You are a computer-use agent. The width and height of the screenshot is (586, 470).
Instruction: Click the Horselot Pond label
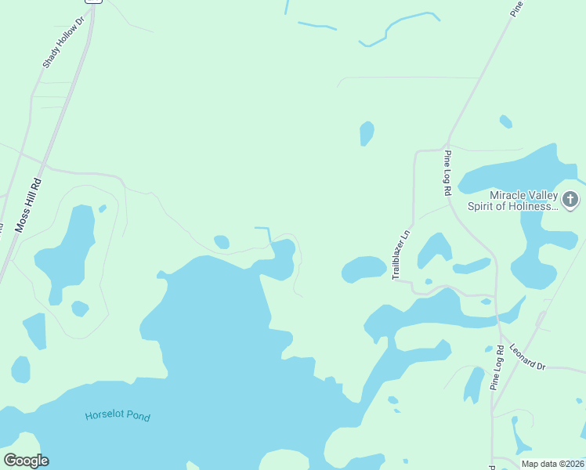(118, 415)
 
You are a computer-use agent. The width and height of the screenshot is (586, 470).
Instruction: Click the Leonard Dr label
(526, 357)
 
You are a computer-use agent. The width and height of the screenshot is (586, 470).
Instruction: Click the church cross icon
(570, 200)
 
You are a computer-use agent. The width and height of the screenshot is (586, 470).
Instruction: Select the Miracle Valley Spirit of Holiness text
(523, 201)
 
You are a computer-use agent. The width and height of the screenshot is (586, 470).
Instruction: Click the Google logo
(26, 461)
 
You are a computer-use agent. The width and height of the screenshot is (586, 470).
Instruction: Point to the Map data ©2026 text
(553, 464)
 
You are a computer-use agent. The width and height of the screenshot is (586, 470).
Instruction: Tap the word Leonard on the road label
(523, 355)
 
